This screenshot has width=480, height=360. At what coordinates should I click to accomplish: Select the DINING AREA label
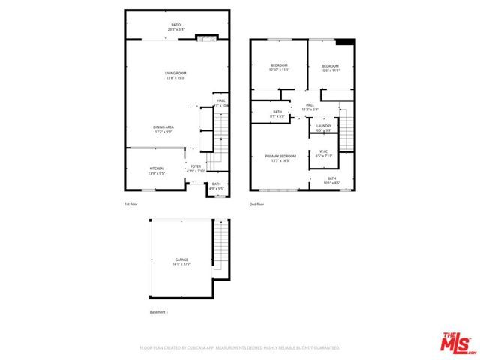point(163,129)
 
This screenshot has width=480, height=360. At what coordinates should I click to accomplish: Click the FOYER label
point(195,168)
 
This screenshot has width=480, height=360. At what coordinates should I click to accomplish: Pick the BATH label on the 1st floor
point(216,185)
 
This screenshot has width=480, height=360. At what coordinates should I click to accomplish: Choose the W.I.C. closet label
point(325,153)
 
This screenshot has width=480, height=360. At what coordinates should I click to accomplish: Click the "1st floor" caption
point(131,203)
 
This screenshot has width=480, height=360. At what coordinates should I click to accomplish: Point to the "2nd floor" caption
point(256,203)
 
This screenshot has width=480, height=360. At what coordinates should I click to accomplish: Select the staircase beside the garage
point(220,247)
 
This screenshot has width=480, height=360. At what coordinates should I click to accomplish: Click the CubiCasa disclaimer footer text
point(239,348)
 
